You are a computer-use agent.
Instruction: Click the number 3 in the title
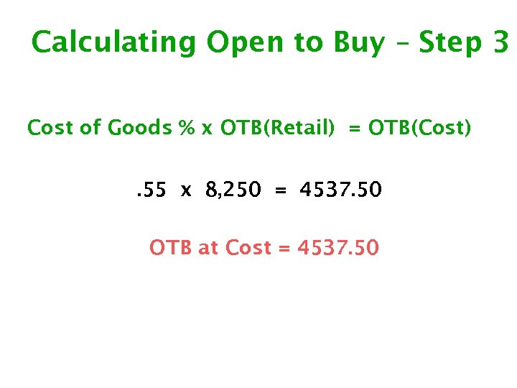coord(501,43)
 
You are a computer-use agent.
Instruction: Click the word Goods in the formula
coord(139,129)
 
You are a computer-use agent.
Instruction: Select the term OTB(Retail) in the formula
coord(277,129)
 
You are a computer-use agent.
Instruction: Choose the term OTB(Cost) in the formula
coord(420,129)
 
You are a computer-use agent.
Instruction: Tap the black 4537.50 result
coord(340,190)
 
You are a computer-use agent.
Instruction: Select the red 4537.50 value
coord(337,248)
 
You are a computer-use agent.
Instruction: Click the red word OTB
coord(171,248)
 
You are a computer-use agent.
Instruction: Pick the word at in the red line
coord(208,249)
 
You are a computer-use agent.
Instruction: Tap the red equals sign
coord(284,249)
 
